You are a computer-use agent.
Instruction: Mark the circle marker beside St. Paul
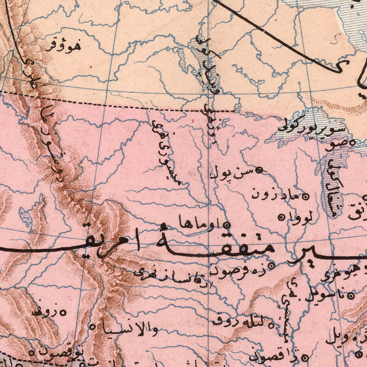pyautogui.click(x=262, y=168)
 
